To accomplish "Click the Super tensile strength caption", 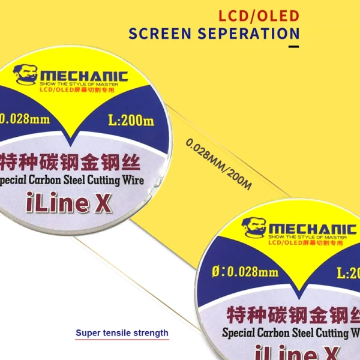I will click(122, 333).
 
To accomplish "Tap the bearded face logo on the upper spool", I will click(25, 75).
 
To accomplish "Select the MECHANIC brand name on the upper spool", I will click(84, 76).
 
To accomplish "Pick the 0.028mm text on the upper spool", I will click(25, 118).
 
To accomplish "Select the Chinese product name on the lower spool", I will click(292, 314).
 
